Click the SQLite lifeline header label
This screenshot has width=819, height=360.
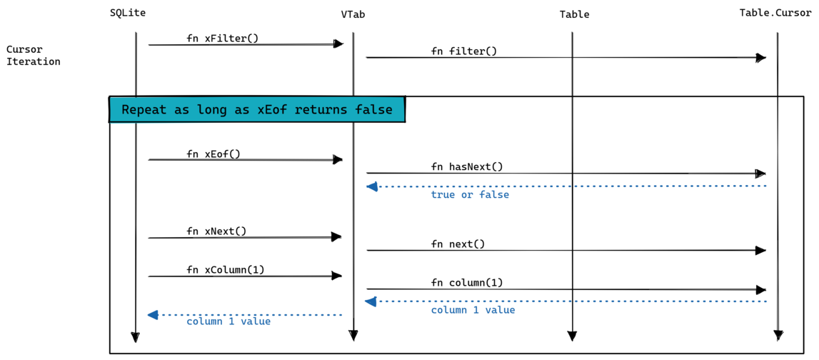point(128,13)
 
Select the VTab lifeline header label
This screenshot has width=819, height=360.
point(353,14)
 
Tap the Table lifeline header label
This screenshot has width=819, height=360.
point(574,14)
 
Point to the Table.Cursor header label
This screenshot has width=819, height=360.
point(775,13)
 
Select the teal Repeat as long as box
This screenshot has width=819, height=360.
point(257,109)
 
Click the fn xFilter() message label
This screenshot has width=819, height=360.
point(222,38)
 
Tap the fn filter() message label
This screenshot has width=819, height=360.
point(463,51)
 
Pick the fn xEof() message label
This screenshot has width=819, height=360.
point(213,154)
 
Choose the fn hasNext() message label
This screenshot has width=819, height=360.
point(466,166)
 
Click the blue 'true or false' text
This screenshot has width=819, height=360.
point(469,194)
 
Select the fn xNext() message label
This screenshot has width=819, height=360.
point(216,231)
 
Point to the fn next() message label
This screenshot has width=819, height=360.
point(457,244)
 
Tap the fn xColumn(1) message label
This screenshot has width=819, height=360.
point(225,269)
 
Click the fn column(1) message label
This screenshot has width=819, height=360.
point(466,282)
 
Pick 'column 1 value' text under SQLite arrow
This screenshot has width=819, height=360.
point(228,321)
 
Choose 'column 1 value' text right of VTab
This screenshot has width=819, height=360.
point(472,310)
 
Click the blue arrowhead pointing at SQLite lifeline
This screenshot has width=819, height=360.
point(152,314)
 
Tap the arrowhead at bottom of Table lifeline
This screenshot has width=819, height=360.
point(571,336)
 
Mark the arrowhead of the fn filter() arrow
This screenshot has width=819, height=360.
point(761,58)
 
